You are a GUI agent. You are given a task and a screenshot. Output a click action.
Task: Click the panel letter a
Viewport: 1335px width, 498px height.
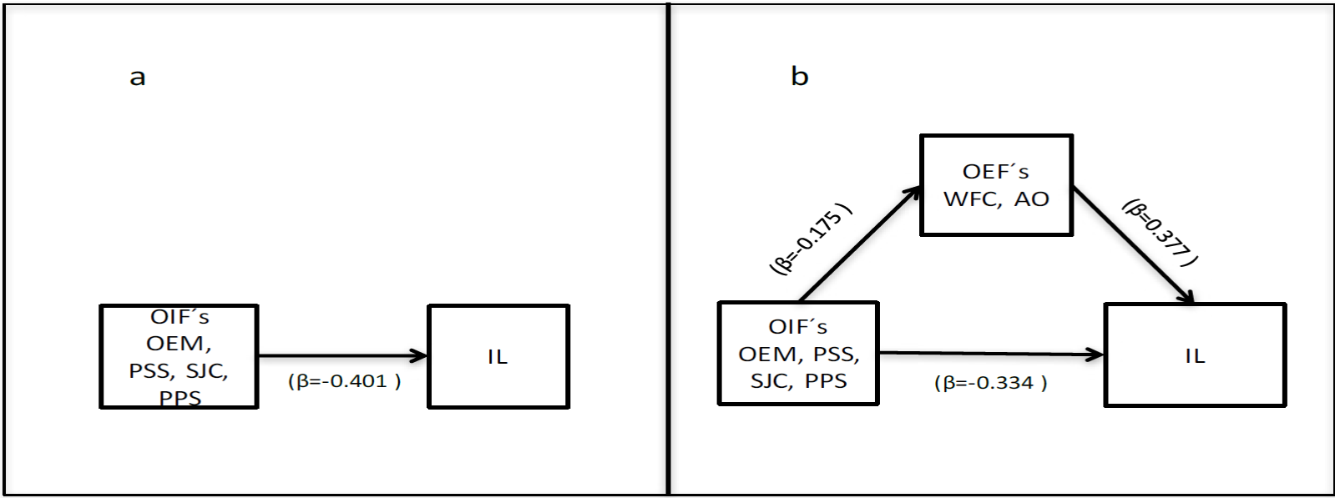pos(138,78)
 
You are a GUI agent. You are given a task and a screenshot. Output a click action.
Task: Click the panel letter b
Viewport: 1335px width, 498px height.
pos(799,77)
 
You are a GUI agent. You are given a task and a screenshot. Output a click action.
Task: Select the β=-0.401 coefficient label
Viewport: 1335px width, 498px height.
pos(344,381)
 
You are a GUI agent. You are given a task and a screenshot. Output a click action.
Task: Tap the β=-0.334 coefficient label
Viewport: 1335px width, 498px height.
pos(990,383)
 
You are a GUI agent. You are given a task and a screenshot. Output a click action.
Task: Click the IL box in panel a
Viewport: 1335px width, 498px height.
pos(498,356)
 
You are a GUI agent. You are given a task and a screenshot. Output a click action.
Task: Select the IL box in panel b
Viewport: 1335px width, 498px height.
pos(1195,355)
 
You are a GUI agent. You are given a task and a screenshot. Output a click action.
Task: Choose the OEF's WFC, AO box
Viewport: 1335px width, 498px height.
pos(996,185)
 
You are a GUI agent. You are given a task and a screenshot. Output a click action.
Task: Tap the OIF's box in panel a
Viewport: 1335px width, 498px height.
pos(179,356)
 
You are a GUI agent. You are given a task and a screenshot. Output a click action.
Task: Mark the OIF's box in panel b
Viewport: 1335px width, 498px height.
pos(798,354)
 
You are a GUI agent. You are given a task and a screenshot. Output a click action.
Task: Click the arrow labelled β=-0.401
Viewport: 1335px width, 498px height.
pos(342,356)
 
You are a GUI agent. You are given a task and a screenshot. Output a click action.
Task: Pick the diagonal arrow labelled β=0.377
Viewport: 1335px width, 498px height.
pos(1132,245)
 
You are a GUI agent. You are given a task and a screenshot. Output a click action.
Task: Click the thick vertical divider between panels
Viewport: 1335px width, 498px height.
pos(668,250)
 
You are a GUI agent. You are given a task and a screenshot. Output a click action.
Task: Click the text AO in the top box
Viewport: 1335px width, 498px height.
pos(1032,199)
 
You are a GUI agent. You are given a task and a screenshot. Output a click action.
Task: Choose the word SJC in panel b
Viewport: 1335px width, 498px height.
pos(770,381)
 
